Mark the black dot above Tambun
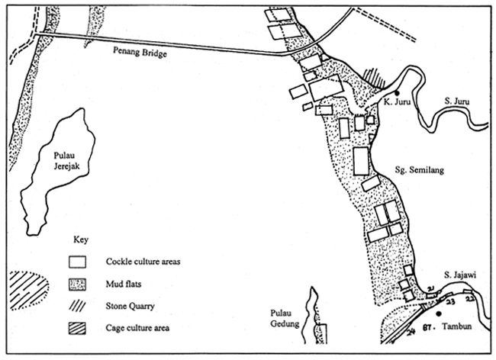point(439,313)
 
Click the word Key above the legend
point(81,239)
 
